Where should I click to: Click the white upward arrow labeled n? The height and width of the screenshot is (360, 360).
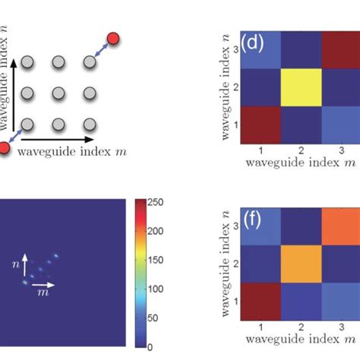pos(24,265)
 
